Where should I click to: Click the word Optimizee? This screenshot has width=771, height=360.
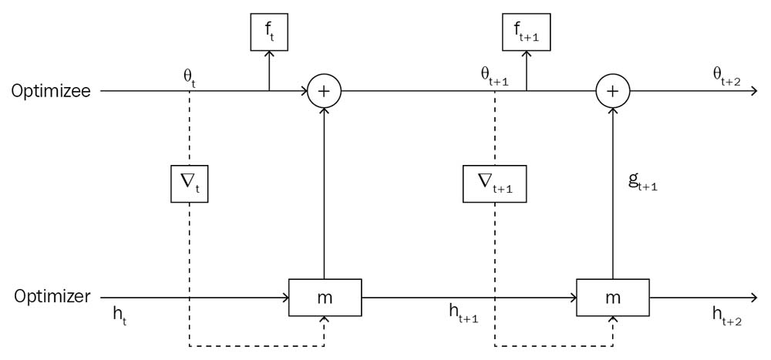(51, 91)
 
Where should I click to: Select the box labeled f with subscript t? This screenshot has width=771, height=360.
(269, 32)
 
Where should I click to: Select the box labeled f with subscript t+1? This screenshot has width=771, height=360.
(527, 32)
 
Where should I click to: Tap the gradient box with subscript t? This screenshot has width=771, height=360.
(190, 183)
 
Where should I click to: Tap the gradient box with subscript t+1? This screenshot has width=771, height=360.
(494, 183)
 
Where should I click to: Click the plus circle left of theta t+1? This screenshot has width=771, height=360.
(325, 91)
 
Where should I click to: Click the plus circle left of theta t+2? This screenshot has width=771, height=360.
(613, 91)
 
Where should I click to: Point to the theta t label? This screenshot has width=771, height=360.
(189, 77)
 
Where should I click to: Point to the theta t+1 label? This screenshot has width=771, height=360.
(493, 77)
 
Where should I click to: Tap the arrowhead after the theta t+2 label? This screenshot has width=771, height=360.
(755, 91)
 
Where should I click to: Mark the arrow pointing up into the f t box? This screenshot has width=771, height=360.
(269, 57)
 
